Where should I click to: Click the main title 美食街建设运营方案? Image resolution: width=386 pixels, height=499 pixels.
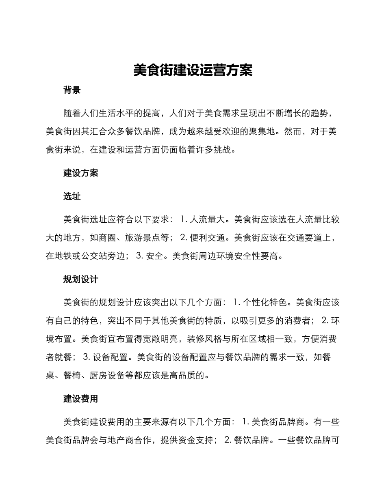tap(193, 70)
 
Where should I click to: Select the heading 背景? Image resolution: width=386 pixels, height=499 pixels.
tap(72, 90)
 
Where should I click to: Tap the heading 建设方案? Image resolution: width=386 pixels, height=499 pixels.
tap(81, 173)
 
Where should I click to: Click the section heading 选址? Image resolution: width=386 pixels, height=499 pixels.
tap(72, 196)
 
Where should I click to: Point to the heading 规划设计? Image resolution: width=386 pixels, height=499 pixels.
tap(81, 279)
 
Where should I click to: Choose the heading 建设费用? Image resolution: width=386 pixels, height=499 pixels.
tap(81, 398)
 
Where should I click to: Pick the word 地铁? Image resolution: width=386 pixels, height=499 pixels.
tap(63, 256)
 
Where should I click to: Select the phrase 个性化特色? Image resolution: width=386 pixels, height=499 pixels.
tap(267, 303)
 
